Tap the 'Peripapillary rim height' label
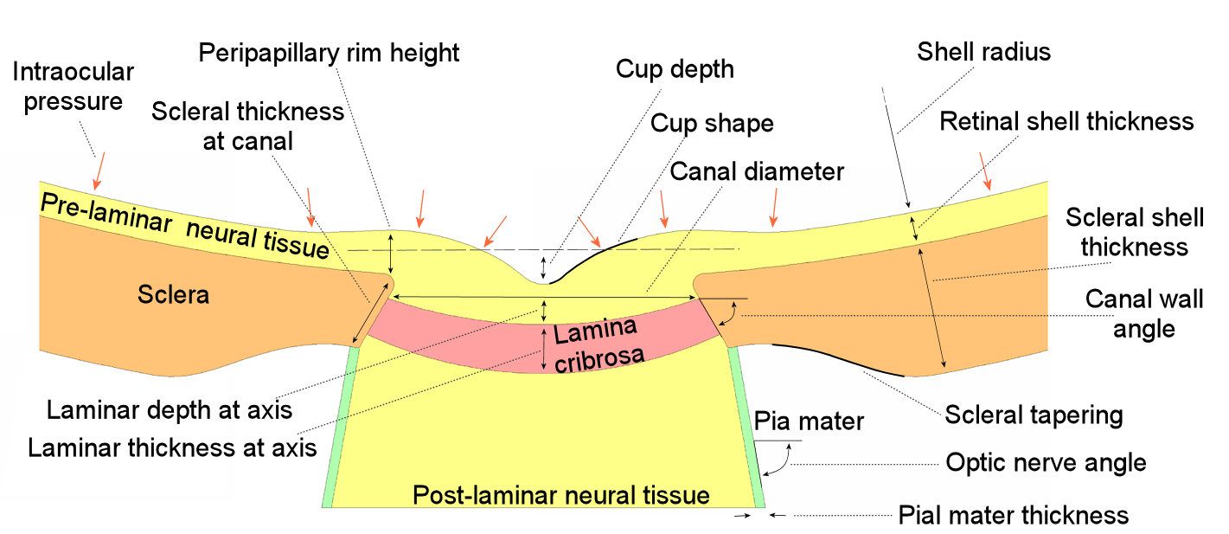click(329, 53)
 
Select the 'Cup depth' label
click(675, 69)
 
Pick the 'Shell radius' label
click(983, 52)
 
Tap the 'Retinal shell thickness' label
click(1066, 121)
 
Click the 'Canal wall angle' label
click(1143, 314)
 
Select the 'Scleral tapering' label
click(1034, 415)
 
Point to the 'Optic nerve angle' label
click(1046, 462)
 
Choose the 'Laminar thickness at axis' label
click(171, 448)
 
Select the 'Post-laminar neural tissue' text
click(560, 496)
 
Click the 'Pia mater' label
click(809, 422)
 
